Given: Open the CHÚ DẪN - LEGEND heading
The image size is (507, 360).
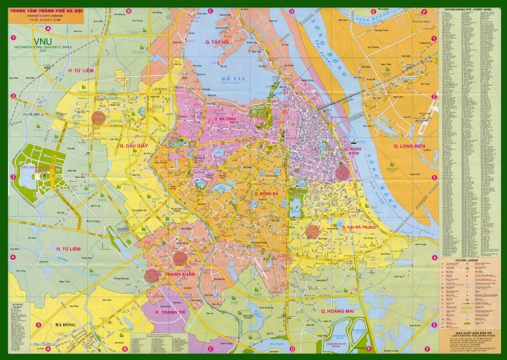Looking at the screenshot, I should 471,260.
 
